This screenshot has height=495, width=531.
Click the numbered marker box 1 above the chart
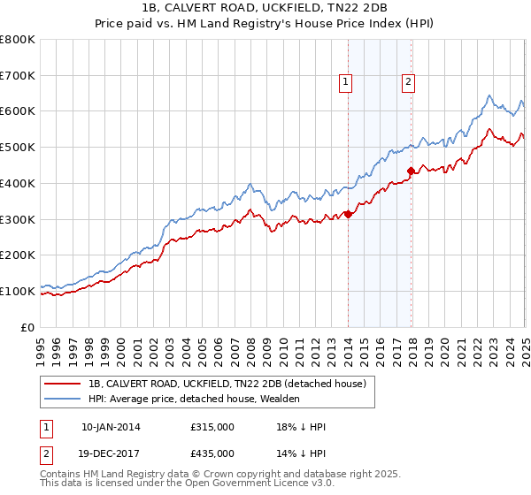click(345, 82)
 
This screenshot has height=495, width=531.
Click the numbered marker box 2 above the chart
click(408, 82)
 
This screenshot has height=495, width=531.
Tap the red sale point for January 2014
click(348, 213)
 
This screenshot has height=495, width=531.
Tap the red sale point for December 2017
click(411, 171)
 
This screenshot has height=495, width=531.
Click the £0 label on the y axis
click(29, 327)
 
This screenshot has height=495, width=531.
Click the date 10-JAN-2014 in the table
click(111, 427)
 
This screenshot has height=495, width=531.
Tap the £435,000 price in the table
click(212, 453)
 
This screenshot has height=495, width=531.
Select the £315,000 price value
click(212, 427)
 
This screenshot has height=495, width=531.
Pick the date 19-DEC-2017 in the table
click(111, 453)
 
